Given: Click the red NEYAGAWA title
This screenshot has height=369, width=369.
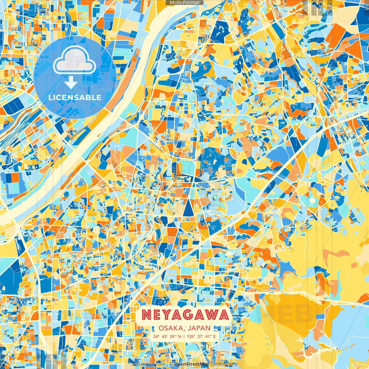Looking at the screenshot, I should click(185, 315).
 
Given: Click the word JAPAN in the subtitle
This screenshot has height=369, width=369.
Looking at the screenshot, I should click(200, 328).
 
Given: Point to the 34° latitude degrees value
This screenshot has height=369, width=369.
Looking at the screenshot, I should click(157, 336).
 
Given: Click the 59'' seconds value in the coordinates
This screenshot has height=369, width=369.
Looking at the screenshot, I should click(174, 336).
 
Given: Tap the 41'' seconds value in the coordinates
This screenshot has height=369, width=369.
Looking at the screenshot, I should click(208, 336).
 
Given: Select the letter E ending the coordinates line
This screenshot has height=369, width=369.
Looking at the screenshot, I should click(214, 336).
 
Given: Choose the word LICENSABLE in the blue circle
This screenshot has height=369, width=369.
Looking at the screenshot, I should click(75, 97).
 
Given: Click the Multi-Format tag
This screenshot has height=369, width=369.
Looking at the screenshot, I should click(184, 3).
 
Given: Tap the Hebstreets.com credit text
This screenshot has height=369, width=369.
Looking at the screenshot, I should click(148, 364).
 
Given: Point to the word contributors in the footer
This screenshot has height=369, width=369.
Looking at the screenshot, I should click(224, 364).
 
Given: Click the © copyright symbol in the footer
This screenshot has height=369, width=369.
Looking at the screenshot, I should click(171, 364).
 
